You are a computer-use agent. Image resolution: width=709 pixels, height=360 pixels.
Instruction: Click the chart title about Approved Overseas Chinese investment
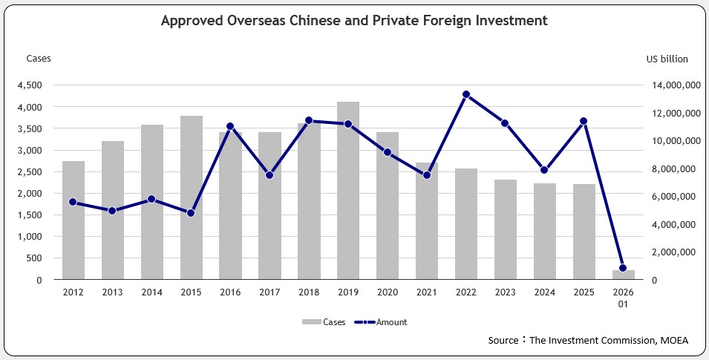click(354, 21)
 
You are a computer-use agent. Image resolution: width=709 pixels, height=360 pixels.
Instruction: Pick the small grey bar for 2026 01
click(624, 275)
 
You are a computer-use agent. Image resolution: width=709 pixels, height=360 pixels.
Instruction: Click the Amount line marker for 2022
click(466, 94)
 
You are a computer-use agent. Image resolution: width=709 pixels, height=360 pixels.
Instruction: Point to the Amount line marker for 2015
click(191, 213)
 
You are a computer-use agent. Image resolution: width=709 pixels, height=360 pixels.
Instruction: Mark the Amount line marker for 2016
click(230, 126)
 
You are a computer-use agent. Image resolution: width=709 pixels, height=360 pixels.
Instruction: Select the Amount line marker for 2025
click(584, 121)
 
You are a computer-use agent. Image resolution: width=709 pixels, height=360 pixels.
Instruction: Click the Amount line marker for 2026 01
click(623, 268)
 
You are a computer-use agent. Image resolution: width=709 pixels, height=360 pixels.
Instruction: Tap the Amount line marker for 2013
click(112, 211)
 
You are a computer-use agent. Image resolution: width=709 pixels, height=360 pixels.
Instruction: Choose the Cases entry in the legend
click(325, 322)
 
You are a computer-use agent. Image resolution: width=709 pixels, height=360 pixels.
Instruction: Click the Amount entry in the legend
click(382, 322)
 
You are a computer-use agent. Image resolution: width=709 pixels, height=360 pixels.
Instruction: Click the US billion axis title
click(667, 59)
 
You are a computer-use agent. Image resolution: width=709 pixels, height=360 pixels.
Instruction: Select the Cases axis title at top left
click(39, 58)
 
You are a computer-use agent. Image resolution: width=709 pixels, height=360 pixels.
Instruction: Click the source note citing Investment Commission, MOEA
click(588, 340)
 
